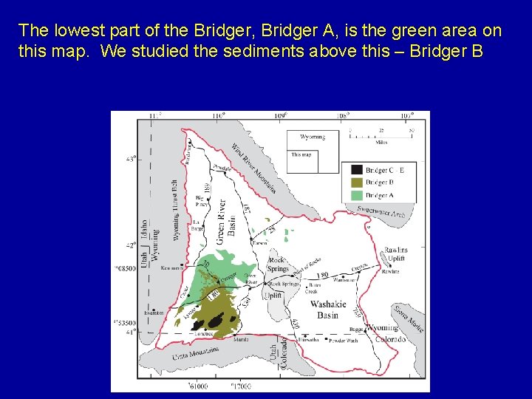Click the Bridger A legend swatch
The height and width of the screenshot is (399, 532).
pos(356,196)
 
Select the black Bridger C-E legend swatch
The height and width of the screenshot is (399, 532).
pos(356,170)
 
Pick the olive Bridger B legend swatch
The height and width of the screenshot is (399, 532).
pos(356,183)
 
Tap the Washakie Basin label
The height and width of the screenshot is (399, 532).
pos(324,310)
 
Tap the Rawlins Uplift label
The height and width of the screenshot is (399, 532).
pos(395,255)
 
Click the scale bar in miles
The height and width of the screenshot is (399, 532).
pos(381,135)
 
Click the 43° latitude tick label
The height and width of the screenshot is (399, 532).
pos(132,158)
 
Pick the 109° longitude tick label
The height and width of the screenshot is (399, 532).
pos(280,116)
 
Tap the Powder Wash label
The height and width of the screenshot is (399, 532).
pos(343,341)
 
